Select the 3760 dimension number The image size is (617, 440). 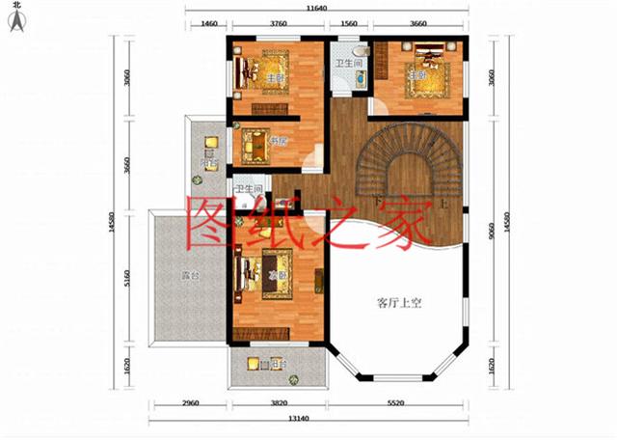click(x=279, y=26)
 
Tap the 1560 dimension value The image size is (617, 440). click(x=348, y=26)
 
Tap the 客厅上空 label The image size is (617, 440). click(x=400, y=303)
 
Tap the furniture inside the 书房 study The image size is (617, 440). click(x=257, y=145)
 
